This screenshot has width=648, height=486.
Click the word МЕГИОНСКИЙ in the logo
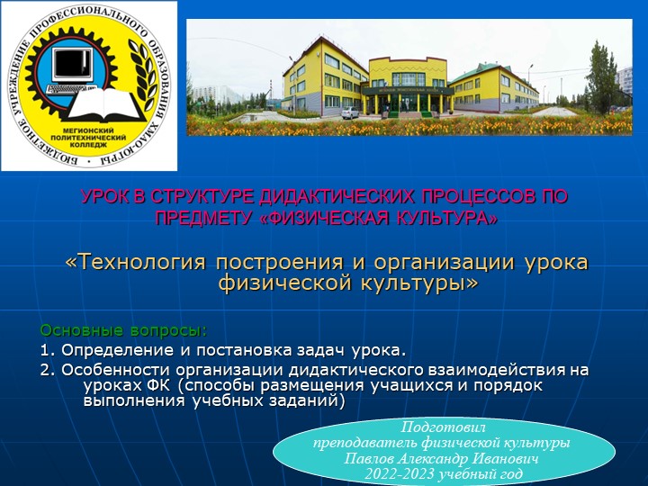tap(87, 129)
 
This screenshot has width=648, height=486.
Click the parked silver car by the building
tap(350, 112)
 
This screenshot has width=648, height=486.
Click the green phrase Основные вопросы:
tap(123, 328)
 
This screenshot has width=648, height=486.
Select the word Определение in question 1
tap(114, 348)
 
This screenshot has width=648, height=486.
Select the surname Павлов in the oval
tap(372, 458)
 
